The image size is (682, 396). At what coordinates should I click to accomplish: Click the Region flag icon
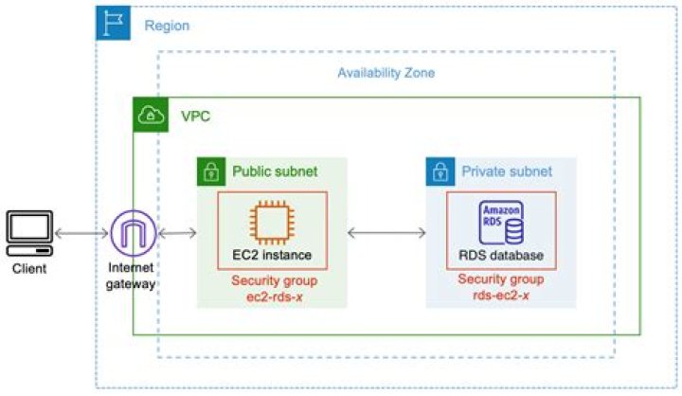pyautogui.click(x=114, y=24)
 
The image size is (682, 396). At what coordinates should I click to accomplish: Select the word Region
pyautogui.click(x=167, y=25)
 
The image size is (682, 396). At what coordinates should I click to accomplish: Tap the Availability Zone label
pyautogui.click(x=386, y=73)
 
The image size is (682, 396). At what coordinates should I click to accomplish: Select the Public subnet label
pyautogui.click(x=275, y=171)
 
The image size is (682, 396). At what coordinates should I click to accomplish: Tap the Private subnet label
pyautogui.click(x=507, y=171)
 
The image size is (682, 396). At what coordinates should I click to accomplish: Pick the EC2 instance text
pyautogui.click(x=272, y=255)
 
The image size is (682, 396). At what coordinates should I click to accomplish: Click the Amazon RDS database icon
pyautogui.click(x=501, y=224)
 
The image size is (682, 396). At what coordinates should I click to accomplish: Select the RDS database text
pyautogui.click(x=501, y=255)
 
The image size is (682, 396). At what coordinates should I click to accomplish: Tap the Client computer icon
pyautogui.click(x=29, y=233)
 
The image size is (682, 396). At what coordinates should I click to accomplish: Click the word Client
pyautogui.click(x=28, y=269)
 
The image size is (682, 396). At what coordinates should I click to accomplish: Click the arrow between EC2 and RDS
pyautogui.click(x=386, y=233)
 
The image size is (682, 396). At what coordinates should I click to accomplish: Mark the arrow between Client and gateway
pyautogui.click(x=82, y=233)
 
